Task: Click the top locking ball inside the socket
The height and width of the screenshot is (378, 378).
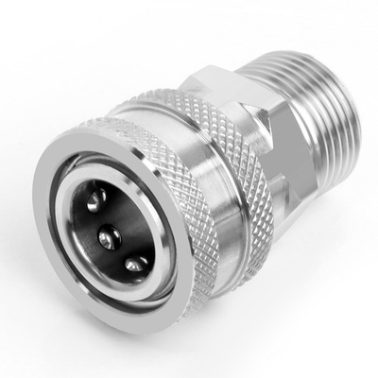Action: (94, 199)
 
